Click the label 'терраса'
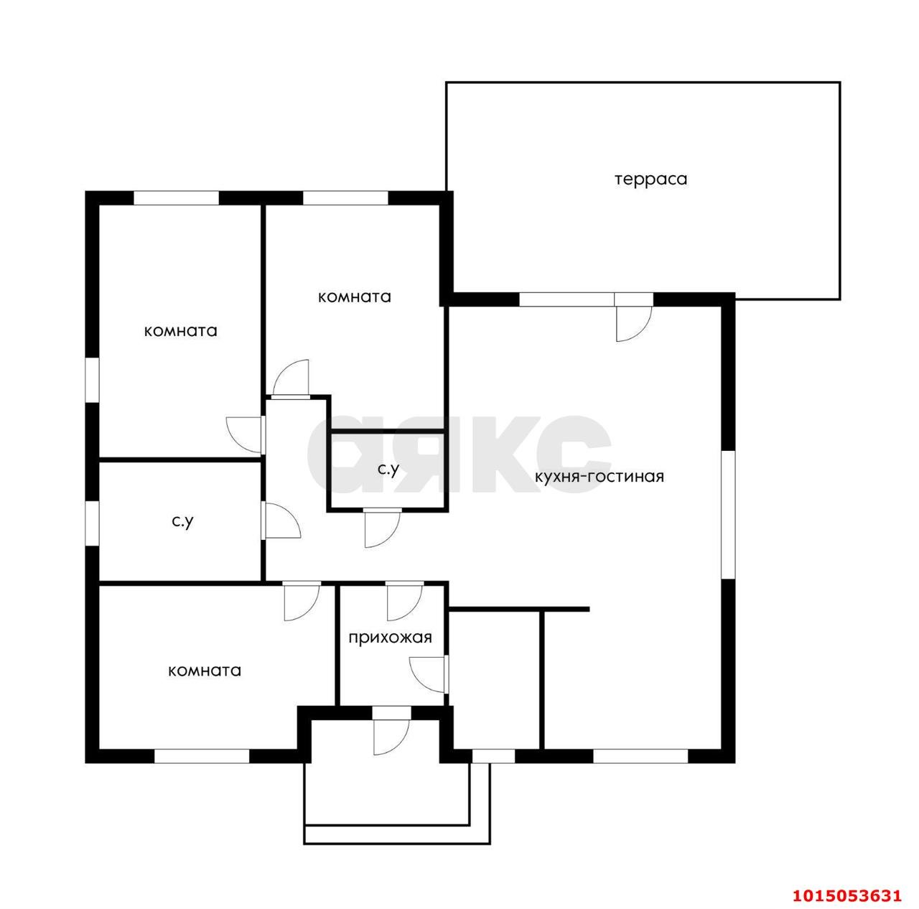(x=650, y=180)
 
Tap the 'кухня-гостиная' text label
(x=600, y=476)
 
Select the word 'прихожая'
(x=390, y=638)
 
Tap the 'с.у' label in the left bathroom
(x=182, y=521)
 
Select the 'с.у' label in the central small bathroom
(x=388, y=470)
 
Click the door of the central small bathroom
(x=382, y=528)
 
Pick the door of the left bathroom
(x=281, y=520)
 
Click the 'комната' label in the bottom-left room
(x=205, y=671)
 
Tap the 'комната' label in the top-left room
(x=181, y=331)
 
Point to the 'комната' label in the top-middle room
(x=355, y=297)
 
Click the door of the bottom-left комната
(x=302, y=601)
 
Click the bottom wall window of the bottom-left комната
(x=202, y=756)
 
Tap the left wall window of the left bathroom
(x=92, y=523)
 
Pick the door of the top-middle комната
(x=291, y=378)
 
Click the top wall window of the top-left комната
(x=176, y=198)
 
